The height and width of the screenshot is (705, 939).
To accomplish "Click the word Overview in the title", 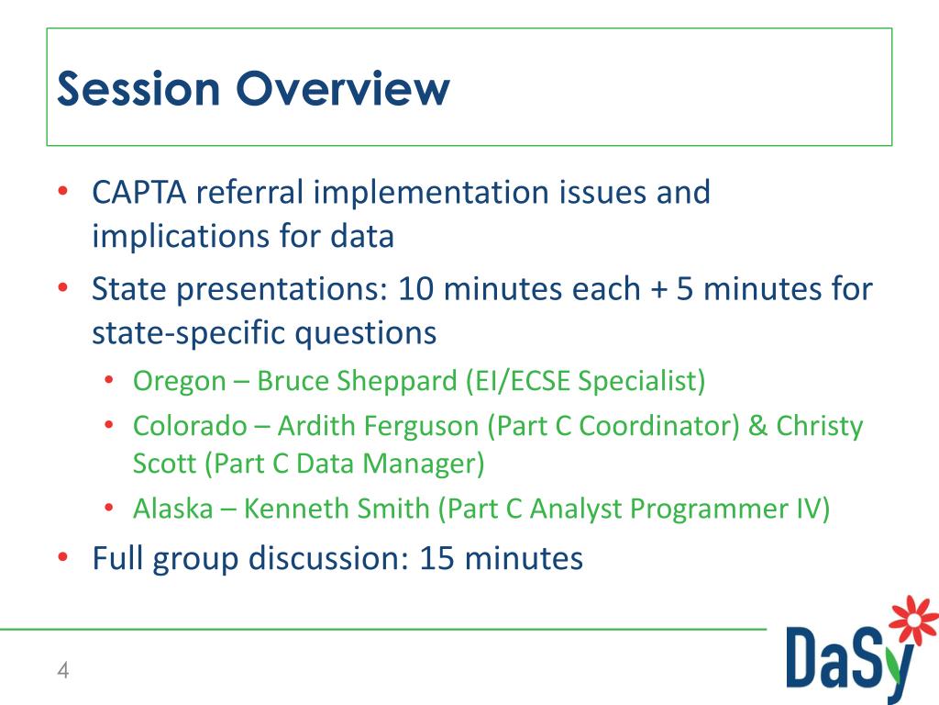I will tap(343, 89).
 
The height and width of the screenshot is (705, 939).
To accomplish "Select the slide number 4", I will tap(62, 670).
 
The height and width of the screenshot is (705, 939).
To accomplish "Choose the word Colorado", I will tap(190, 426).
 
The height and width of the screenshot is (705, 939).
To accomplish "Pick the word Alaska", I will tap(172, 509).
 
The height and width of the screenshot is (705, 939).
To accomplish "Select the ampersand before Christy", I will tap(758, 426).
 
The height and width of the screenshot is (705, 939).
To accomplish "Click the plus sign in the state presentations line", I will tap(657, 290).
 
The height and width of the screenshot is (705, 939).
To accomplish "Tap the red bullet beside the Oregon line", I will tap(109, 380).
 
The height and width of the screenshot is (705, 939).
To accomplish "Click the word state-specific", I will tap(191, 332).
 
